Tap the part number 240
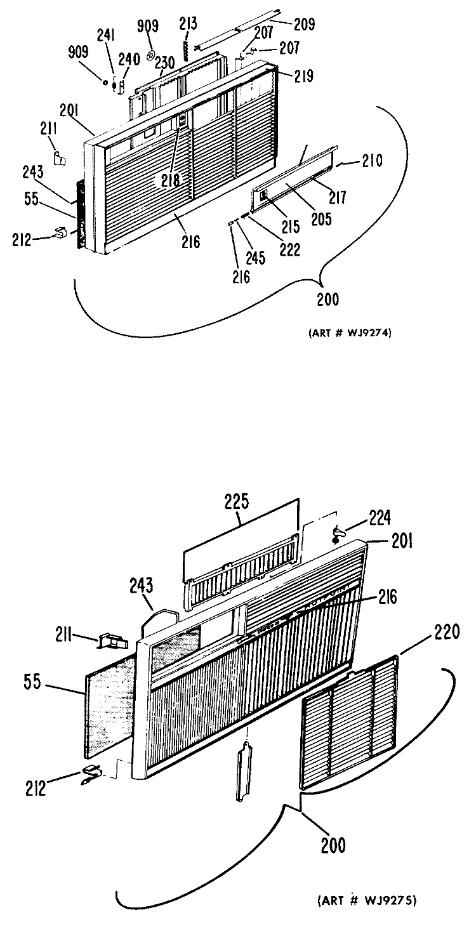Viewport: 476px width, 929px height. (129, 59)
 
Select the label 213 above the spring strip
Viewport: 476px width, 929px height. (188, 23)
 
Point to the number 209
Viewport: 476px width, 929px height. (305, 24)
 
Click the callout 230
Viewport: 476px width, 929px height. (164, 63)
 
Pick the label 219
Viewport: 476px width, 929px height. (304, 76)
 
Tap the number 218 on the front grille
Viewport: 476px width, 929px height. (171, 180)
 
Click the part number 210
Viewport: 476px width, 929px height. (371, 161)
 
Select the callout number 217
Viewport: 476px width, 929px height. (337, 197)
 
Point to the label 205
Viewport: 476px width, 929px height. (321, 218)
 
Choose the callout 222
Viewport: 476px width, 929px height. (289, 249)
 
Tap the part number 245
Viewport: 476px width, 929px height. (255, 258)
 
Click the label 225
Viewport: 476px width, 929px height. (237, 501)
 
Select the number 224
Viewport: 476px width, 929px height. (379, 518)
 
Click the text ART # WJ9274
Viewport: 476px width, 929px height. (350, 333)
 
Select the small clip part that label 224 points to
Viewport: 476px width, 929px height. (338, 534)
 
